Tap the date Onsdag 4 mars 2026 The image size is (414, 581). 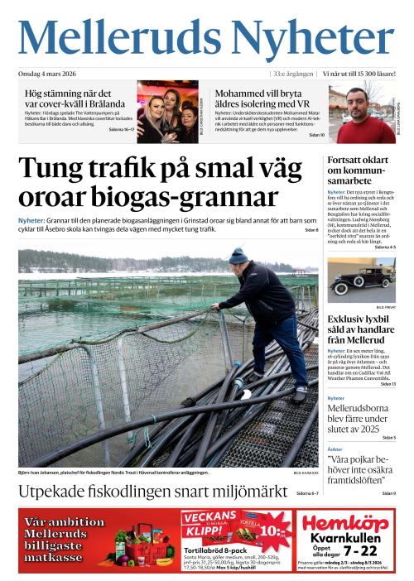[x=51, y=74]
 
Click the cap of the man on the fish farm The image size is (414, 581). [x=238, y=256]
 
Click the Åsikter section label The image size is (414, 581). [x=335, y=449]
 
